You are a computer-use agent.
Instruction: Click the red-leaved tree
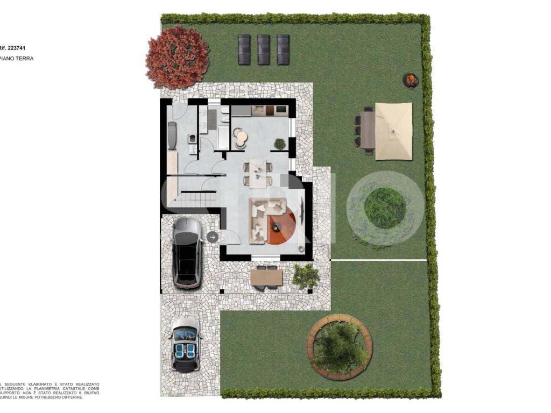177,57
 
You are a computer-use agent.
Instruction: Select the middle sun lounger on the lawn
264,49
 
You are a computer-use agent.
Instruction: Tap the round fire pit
411,81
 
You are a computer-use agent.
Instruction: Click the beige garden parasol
393,131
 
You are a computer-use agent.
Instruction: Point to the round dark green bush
385,208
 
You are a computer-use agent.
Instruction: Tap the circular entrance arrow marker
212,237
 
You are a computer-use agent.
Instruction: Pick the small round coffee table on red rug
278,226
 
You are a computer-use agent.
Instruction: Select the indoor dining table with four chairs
258,173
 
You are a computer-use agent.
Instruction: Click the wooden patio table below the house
266,277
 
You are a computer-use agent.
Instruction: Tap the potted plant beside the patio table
306,276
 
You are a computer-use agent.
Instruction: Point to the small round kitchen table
241,138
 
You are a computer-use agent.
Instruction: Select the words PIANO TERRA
17,59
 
